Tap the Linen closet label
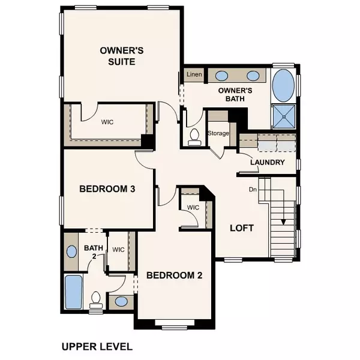[x=194, y=74]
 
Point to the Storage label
[x=218, y=133]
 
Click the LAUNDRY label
[x=267, y=162]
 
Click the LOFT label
[x=242, y=229]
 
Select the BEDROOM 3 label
[x=107, y=189]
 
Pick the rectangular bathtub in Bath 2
[x=74, y=290]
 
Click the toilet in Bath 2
[x=95, y=298]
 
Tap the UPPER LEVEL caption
[x=97, y=346]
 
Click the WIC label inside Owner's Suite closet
[x=108, y=121]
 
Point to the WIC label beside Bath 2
[x=118, y=250]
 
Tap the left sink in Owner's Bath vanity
[x=221, y=76]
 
